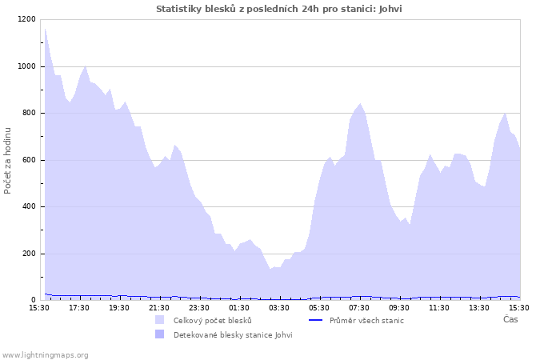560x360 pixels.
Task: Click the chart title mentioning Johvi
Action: pyautogui.click(x=279, y=9)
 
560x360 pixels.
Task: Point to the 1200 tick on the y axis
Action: pyautogui.click(x=26, y=19)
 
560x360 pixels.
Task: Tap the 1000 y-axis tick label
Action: pyautogui.click(x=26, y=66)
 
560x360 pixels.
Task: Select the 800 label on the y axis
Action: pyautogui.click(x=28, y=114)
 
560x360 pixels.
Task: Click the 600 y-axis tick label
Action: pyautogui.click(x=28, y=160)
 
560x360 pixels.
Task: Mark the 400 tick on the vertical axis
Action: pyautogui.click(x=28, y=207)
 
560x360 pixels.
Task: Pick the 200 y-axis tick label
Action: pyautogui.click(x=28, y=254)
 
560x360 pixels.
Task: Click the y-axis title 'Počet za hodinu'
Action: pyautogui.click(x=8, y=160)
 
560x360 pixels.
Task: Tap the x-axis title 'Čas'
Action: pyautogui.click(x=510, y=319)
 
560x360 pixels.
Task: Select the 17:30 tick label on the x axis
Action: pyautogui.click(x=79, y=307)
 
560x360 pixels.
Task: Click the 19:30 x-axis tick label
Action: pyautogui.click(x=119, y=307)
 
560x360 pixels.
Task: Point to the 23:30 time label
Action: pyautogui.click(x=199, y=307)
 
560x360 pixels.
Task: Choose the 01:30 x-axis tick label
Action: pyautogui.click(x=239, y=307)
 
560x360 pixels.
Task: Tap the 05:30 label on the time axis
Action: pyautogui.click(x=319, y=307)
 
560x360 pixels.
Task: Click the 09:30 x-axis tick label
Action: pyautogui.click(x=399, y=307)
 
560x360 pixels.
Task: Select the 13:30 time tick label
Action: pyautogui.click(x=479, y=307)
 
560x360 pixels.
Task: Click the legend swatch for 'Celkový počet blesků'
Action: pyautogui.click(x=160, y=320)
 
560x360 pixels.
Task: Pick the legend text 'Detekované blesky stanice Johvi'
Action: pyautogui.click(x=233, y=334)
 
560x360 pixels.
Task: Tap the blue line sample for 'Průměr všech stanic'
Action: pyautogui.click(x=315, y=320)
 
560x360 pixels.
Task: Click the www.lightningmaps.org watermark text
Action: pyautogui.click(x=45, y=354)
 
